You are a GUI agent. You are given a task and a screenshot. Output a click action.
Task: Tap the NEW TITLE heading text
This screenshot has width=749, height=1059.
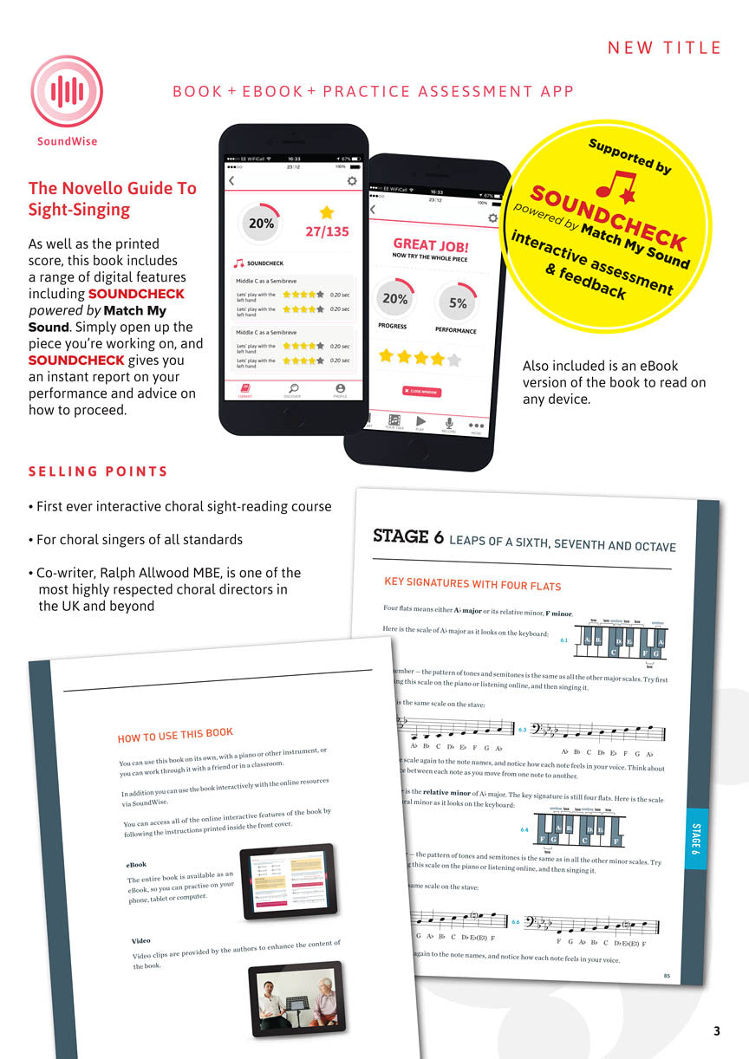[x=664, y=48]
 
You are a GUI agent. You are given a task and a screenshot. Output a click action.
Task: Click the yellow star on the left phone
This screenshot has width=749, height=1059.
[x=327, y=212]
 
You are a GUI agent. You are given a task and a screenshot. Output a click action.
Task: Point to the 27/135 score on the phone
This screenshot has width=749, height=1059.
[x=327, y=231]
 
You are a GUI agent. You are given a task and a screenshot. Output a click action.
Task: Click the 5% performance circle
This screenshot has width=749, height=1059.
[x=458, y=303]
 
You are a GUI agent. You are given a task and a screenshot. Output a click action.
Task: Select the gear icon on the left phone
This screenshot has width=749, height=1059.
[x=352, y=180]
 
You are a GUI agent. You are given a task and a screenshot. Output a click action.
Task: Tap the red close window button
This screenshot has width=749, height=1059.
[x=421, y=392]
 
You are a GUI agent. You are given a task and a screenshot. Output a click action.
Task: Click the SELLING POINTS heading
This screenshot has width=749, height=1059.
[x=98, y=471]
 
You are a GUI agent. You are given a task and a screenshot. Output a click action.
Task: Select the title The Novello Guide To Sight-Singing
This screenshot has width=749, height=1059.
[x=113, y=198]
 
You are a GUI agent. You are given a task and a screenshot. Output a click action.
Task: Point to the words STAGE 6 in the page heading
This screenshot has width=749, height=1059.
[x=408, y=536]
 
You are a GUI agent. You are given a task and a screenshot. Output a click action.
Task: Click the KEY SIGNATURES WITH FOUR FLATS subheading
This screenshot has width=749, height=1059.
[x=472, y=584]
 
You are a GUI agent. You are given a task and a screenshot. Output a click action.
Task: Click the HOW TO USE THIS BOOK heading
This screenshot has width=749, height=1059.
[x=175, y=724]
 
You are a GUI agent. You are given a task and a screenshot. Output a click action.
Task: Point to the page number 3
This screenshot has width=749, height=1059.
[x=716, y=1030]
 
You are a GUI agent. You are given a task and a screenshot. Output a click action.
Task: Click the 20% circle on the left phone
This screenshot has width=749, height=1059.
[x=261, y=224]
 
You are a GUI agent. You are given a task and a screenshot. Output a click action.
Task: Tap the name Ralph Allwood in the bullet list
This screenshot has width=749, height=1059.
[x=149, y=573]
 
